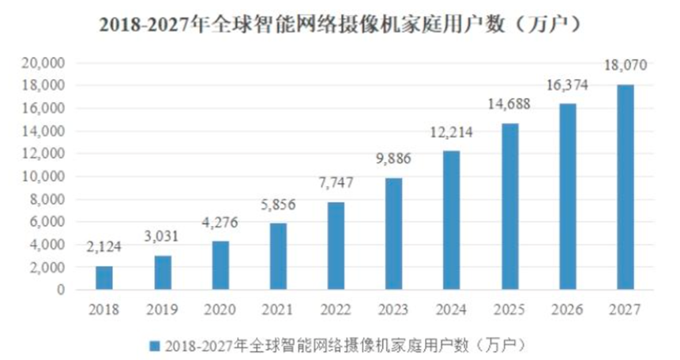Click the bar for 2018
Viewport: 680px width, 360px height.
(105, 278)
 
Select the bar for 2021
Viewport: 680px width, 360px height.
(278, 257)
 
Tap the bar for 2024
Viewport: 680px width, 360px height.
(451, 220)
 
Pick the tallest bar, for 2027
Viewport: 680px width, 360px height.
(624, 187)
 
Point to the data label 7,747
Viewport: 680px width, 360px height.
(336, 183)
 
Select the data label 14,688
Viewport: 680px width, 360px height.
(509, 103)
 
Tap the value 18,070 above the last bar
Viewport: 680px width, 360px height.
(624, 66)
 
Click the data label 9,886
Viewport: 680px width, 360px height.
(393, 159)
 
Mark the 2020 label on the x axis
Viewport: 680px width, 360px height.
(220, 309)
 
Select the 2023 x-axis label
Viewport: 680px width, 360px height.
(393, 309)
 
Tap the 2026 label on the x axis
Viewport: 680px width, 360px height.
(566, 309)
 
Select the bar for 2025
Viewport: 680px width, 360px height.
(509, 206)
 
